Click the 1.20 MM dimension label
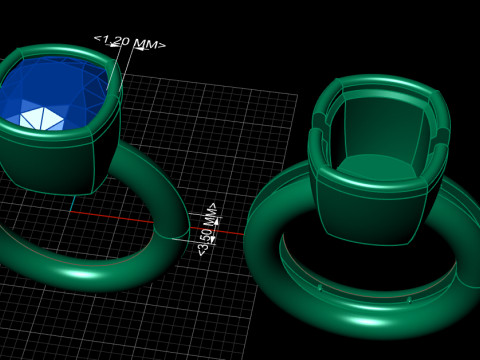(x=130, y=42)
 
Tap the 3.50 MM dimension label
(x=207, y=229)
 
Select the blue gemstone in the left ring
(x=53, y=93)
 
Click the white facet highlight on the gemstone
(x=41, y=119)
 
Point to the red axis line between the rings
(x=157, y=222)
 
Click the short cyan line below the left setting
(x=72, y=203)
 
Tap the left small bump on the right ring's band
(x=320, y=288)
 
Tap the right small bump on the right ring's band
(x=409, y=300)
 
